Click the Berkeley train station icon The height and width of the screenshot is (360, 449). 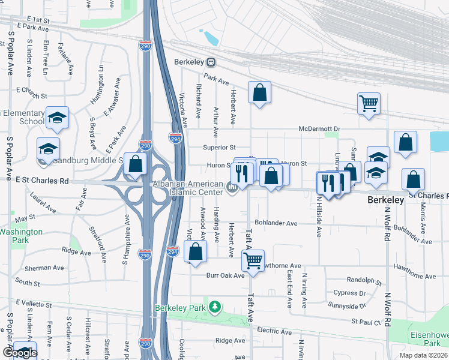pos(211,62)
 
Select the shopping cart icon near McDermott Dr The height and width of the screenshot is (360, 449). pos(368,103)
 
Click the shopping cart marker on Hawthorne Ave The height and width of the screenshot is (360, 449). pos(253,260)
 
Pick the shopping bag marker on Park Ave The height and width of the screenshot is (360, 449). pos(259,92)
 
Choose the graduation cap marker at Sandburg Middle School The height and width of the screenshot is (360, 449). pos(48,148)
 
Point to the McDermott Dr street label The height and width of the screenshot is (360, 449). pos(319,129)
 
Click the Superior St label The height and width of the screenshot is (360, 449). pos(218,147)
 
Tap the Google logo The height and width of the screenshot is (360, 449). pos(19,353)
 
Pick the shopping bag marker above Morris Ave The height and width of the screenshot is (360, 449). pos(413,179)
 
